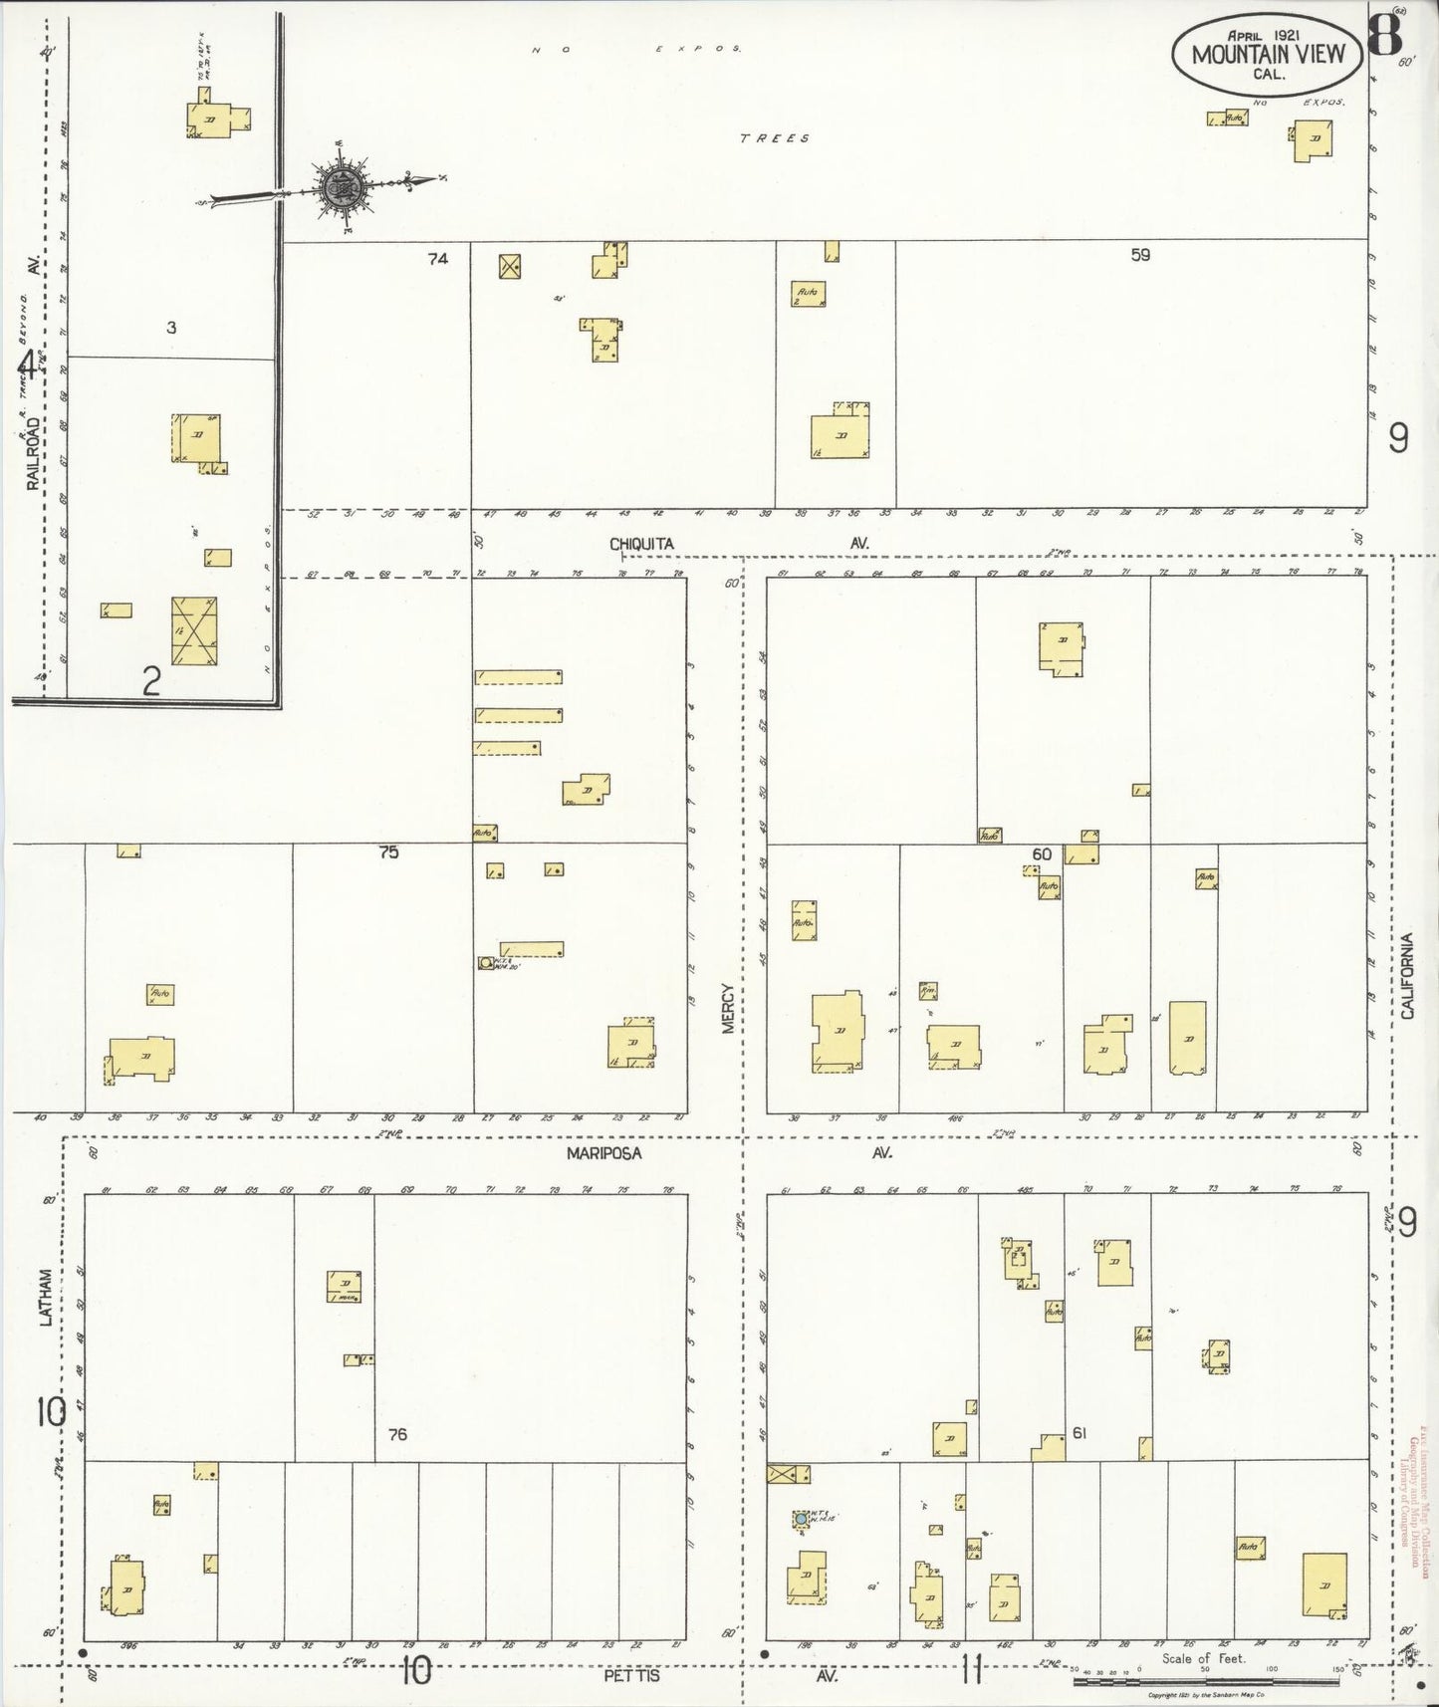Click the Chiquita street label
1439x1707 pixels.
point(641,544)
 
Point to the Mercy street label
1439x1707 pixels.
point(728,1008)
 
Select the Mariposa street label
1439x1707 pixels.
point(604,1153)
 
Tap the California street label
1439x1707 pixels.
point(1407,976)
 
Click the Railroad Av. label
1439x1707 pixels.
point(33,454)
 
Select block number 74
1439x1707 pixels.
point(437,259)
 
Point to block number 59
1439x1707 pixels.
point(1140,255)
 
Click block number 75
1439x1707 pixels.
point(388,853)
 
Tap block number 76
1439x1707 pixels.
point(397,1434)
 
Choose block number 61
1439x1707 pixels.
point(1079,1433)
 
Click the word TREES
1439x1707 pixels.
point(774,138)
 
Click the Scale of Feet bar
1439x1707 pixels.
point(1209,1681)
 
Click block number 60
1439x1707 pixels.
point(1042,854)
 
